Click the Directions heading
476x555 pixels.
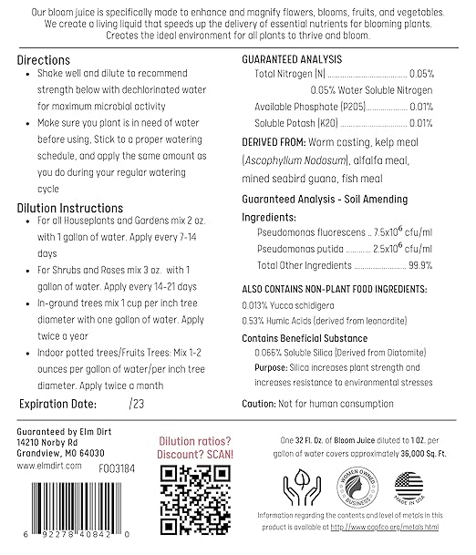(44, 59)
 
